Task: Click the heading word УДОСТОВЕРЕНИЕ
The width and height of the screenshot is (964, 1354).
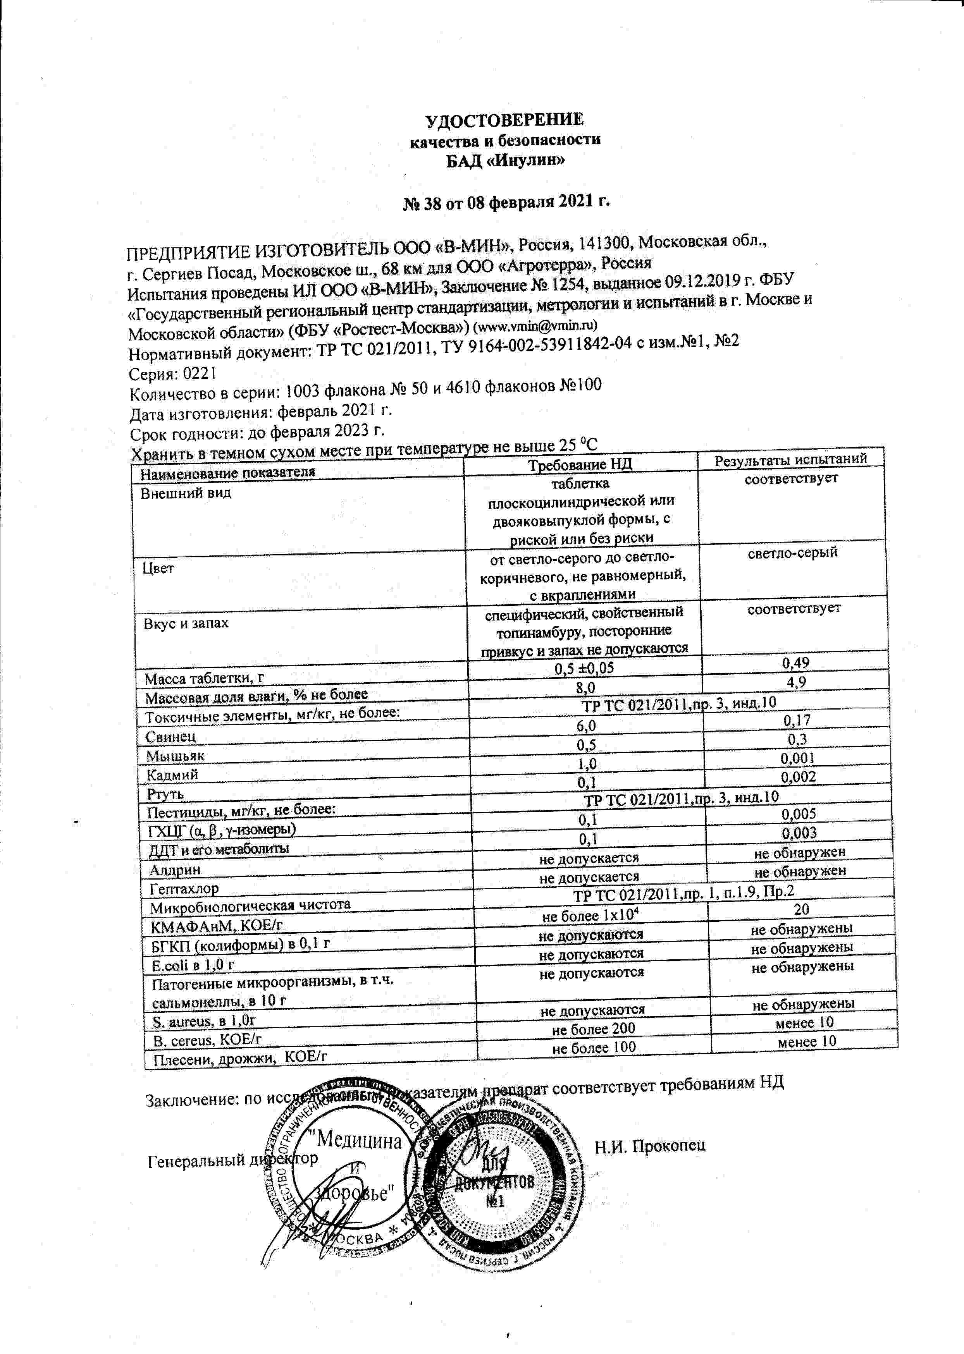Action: click(x=504, y=120)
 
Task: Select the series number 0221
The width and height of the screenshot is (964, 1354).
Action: click(x=200, y=373)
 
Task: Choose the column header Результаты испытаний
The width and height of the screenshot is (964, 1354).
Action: click(x=790, y=459)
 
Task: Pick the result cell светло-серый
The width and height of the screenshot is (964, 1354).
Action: click(x=792, y=552)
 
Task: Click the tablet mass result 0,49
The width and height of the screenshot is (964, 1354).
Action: click(x=795, y=663)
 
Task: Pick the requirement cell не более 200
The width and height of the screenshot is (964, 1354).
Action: click(x=594, y=1028)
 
